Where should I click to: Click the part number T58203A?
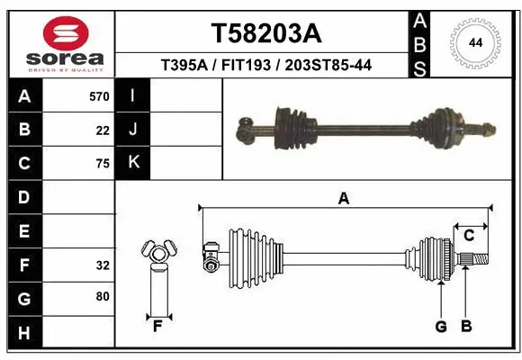pyautogui.click(x=265, y=33)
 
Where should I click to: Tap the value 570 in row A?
pyautogui.click(x=99, y=96)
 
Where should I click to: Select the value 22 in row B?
pyautogui.click(x=102, y=130)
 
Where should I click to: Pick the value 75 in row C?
pyautogui.click(x=102, y=164)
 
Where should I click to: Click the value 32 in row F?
pyautogui.click(x=102, y=265)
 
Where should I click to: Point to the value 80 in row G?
pyautogui.click(x=102, y=296)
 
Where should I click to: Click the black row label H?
pyautogui.click(x=24, y=334)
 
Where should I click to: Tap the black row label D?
pyautogui.click(x=24, y=197)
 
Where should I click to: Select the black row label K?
pyautogui.click(x=133, y=163)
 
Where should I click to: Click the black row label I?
pyautogui.click(x=133, y=95)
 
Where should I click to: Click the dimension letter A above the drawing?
pyautogui.click(x=343, y=199)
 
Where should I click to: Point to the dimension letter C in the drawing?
pyautogui.click(x=469, y=236)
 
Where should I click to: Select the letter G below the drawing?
pyautogui.click(x=441, y=327)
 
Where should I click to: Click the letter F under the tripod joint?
pyautogui.click(x=157, y=326)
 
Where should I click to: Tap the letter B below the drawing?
pyautogui.click(x=466, y=327)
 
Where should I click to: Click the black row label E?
pyautogui.click(x=24, y=231)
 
